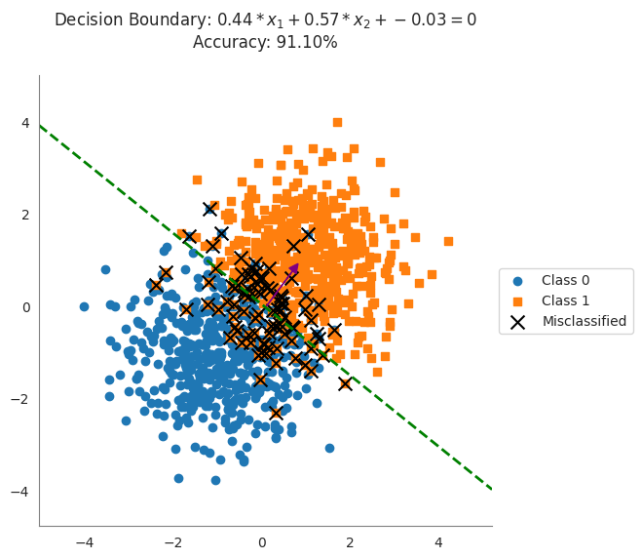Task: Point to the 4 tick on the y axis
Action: coord(25,124)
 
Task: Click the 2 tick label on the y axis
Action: coord(25,216)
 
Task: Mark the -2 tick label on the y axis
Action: coord(21,400)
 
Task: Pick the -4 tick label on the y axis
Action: coord(21,492)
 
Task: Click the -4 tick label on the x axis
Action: coord(84,542)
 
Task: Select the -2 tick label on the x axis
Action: coord(172,542)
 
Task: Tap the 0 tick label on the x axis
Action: coord(261,542)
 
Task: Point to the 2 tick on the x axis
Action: coord(350,542)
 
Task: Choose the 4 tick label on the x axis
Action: coord(438,542)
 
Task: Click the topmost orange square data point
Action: coord(337,122)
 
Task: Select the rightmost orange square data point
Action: coord(448,241)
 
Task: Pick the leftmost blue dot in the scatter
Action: coord(84,306)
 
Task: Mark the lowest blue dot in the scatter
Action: coord(215,480)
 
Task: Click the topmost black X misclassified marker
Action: coord(209,209)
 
